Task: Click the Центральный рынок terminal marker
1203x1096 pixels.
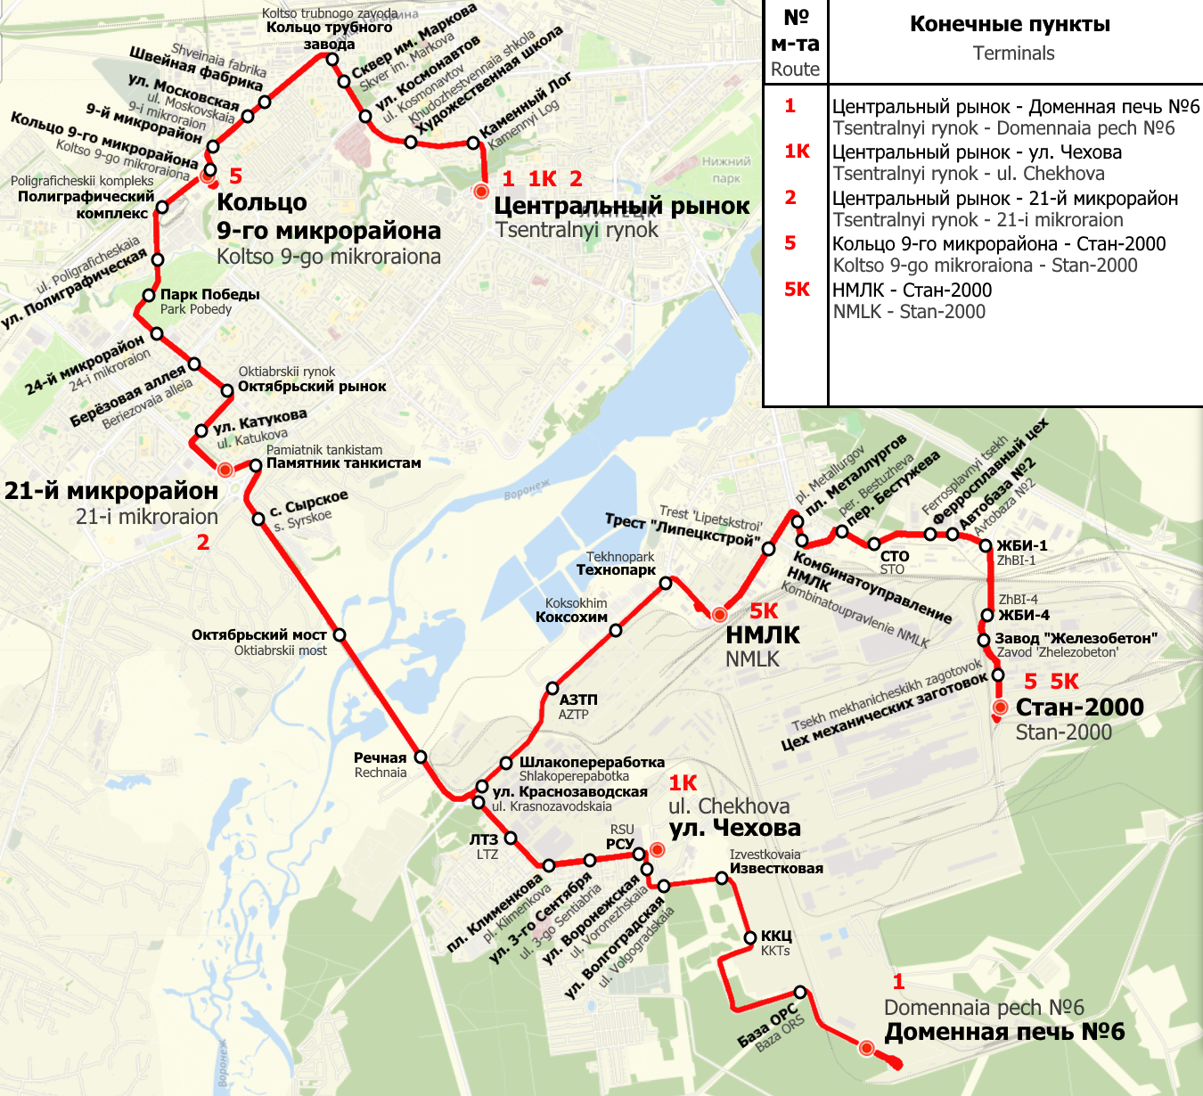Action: [x=481, y=192]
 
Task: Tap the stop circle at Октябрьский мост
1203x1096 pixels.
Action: [x=340, y=634]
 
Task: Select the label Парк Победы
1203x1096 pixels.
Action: [x=209, y=295]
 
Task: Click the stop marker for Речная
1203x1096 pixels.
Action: [x=421, y=757]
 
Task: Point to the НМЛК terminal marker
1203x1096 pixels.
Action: [x=719, y=614]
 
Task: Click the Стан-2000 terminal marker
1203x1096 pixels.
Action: [x=1001, y=707]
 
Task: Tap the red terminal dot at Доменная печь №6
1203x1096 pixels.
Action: [x=866, y=1048]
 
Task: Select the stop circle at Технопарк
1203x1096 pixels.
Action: [x=666, y=584]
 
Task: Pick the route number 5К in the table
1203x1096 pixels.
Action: [x=797, y=290]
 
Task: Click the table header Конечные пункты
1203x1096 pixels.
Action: [x=1010, y=25]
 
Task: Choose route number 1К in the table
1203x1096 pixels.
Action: [x=797, y=151]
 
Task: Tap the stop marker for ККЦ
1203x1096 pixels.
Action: [x=751, y=937]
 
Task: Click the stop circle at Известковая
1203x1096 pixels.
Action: [x=722, y=879]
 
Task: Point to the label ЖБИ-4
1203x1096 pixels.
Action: [x=1023, y=615]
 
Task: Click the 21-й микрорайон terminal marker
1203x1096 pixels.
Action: [x=225, y=470]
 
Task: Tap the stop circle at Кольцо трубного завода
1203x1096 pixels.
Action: [x=332, y=60]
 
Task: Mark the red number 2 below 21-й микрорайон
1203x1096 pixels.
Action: [x=203, y=543]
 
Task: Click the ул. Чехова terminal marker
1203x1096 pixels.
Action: [x=657, y=850]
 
